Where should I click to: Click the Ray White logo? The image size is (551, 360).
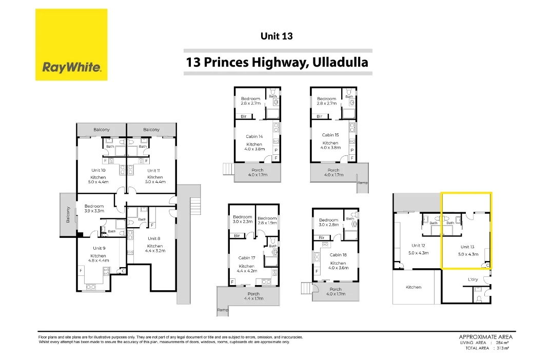pyautogui.click(x=71, y=45)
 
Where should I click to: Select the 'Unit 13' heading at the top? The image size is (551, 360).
pyautogui.click(x=277, y=36)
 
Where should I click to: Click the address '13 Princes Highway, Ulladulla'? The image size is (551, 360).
pyautogui.click(x=277, y=63)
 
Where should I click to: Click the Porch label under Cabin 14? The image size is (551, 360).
pyautogui.click(x=258, y=170)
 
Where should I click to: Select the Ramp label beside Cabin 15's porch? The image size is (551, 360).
pyautogui.click(x=363, y=183)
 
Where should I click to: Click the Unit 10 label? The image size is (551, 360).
pyautogui.click(x=98, y=170)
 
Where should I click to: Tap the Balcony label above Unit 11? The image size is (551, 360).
pyautogui.click(x=151, y=130)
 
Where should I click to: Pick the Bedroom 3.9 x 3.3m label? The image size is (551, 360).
pyautogui.click(x=94, y=208)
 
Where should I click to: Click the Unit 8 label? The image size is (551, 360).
pyautogui.click(x=154, y=238)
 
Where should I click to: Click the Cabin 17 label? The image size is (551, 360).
pyautogui.click(x=246, y=258)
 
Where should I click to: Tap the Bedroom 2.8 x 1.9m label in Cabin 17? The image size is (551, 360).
pyautogui.click(x=267, y=221)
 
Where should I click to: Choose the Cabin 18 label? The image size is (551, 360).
pyautogui.click(x=338, y=255)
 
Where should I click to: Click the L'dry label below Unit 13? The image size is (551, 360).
pyautogui.click(x=473, y=279)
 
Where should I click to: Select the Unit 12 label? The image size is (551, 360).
pyautogui.click(x=418, y=246)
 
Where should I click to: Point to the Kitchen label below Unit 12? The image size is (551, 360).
pyautogui.click(x=413, y=287)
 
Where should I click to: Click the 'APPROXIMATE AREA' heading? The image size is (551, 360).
pyautogui.click(x=485, y=337)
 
